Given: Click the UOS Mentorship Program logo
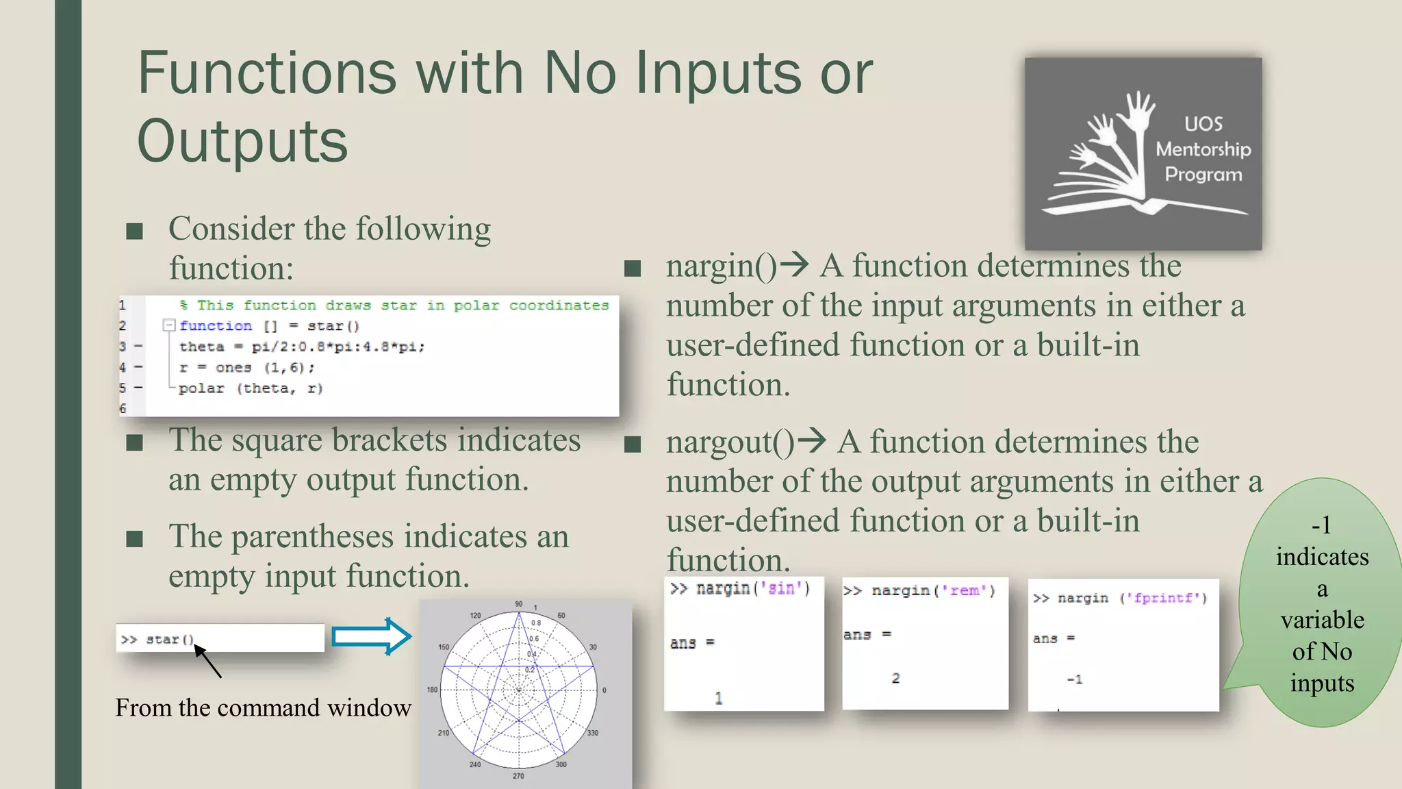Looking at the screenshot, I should (1142, 153).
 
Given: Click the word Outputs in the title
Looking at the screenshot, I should (242, 141).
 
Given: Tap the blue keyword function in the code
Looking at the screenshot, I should (216, 326).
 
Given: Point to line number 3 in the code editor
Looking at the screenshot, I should (123, 347).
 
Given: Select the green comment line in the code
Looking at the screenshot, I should (394, 305).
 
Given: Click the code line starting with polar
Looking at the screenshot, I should (250, 388).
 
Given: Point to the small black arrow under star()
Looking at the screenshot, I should (208, 662).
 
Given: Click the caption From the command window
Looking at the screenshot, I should (263, 707).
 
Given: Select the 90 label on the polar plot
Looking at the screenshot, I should (518, 604).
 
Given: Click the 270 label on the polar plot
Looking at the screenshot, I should (518, 776).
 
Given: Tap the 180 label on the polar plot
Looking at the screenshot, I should (432, 690).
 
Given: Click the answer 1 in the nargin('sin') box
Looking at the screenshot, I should (718, 698).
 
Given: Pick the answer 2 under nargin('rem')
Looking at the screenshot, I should (895, 678).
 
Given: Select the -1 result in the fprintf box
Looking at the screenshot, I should (1074, 679).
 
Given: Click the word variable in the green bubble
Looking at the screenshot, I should (1322, 620).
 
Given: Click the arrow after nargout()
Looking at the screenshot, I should (812, 440).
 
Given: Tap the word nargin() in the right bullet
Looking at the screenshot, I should (721, 266).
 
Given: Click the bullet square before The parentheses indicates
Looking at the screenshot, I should (135, 539).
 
